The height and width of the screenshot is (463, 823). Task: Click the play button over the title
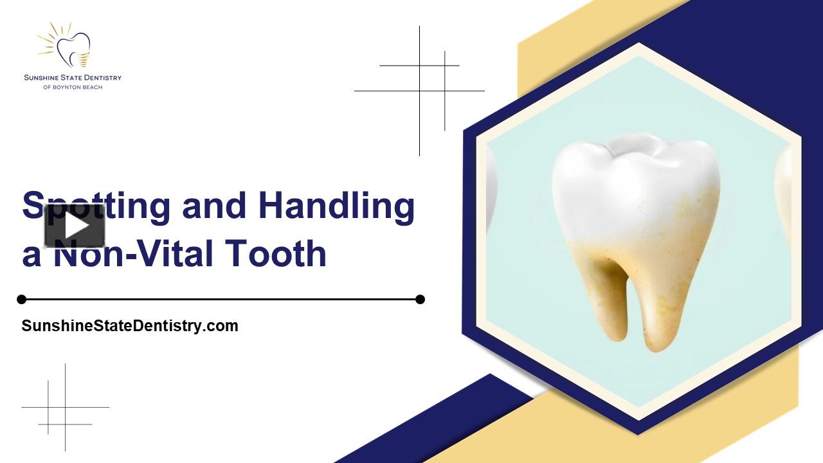click(75, 226)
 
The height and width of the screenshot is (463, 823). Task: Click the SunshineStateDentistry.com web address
click(130, 326)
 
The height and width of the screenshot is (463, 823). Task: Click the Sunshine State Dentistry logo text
click(73, 78)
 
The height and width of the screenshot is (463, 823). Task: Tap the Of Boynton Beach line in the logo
click(73, 87)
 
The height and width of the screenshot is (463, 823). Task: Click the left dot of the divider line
click(22, 299)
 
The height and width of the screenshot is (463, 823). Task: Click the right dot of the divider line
click(420, 299)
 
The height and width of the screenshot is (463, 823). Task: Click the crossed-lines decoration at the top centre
click(420, 90)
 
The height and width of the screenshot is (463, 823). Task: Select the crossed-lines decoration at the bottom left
click(65, 408)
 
